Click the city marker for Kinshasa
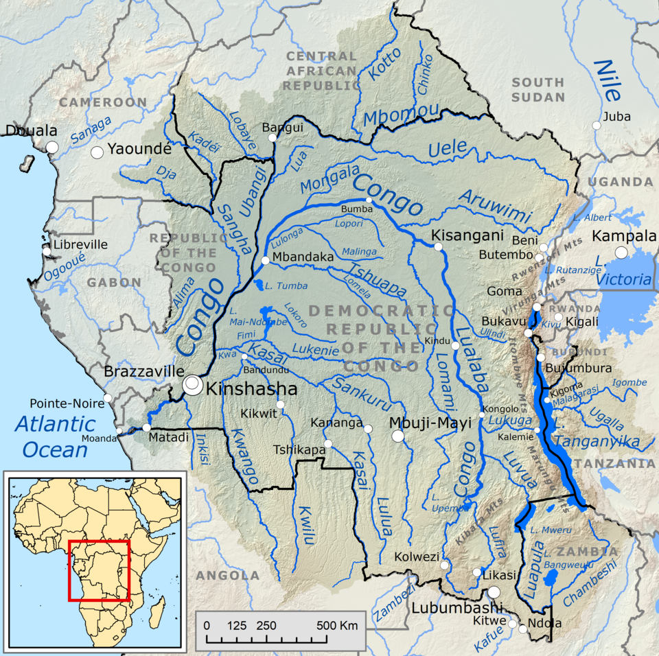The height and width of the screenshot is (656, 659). (194, 385)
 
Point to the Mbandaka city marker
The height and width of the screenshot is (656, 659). (266, 260)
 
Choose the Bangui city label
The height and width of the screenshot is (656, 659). (282, 128)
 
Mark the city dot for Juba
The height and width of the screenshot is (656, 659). (597, 126)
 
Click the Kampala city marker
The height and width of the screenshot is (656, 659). (622, 253)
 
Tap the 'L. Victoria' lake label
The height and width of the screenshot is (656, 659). (624, 272)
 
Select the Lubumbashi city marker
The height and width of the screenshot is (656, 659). (494, 592)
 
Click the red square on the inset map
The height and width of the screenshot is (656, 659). (99, 570)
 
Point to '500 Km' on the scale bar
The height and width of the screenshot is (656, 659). (337, 626)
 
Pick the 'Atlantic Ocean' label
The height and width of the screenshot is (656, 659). (56, 436)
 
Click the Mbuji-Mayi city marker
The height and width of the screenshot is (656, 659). (398, 436)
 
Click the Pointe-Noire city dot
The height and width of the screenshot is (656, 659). (107, 399)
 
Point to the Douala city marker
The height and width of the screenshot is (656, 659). (51, 147)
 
